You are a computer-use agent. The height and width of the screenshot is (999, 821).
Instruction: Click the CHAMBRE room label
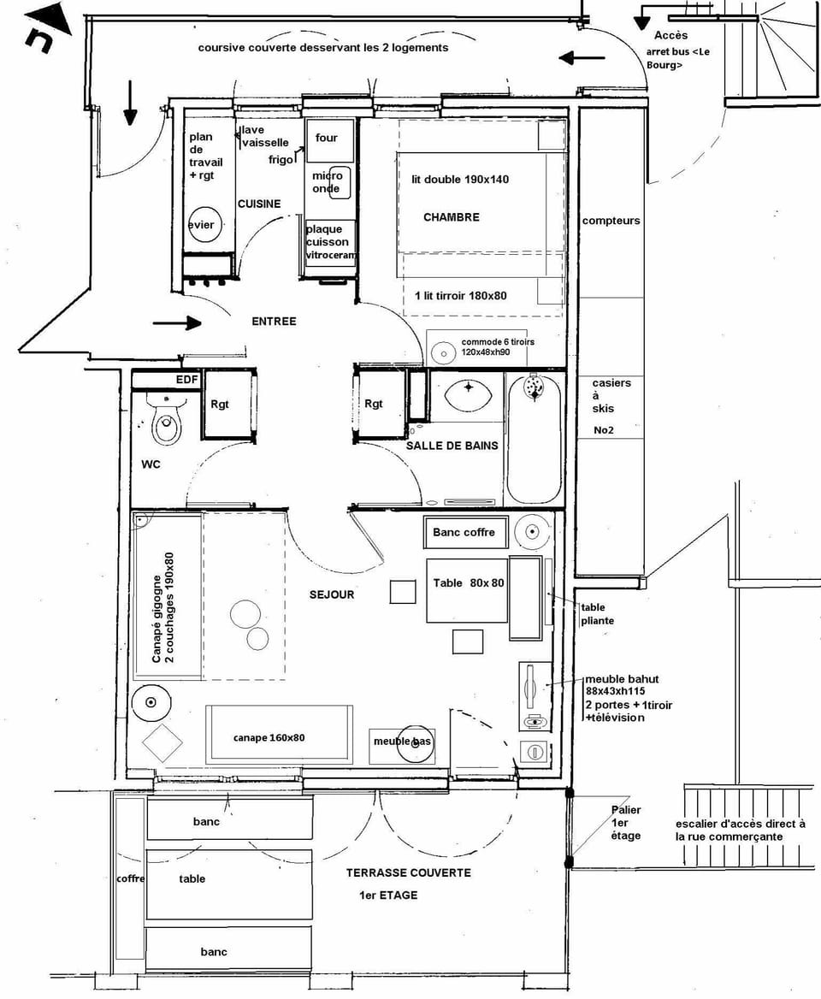pyautogui.click(x=451, y=217)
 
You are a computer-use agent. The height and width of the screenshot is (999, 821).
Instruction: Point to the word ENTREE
pyautogui.click(x=274, y=322)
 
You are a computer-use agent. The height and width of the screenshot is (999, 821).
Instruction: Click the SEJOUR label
pyautogui.click(x=331, y=594)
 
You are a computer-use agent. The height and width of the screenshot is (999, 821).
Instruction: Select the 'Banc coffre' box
pyautogui.click(x=465, y=532)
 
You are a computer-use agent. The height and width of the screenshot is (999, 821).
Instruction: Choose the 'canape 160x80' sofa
pyautogui.click(x=280, y=736)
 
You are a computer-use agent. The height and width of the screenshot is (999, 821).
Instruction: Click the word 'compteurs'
pyautogui.click(x=611, y=221)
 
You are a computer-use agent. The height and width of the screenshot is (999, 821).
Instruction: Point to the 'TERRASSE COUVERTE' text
pyautogui.click(x=408, y=872)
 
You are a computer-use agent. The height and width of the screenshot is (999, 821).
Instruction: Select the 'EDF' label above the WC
pyautogui.click(x=186, y=379)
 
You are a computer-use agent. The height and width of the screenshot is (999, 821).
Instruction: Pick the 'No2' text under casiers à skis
pyautogui.click(x=604, y=429)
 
